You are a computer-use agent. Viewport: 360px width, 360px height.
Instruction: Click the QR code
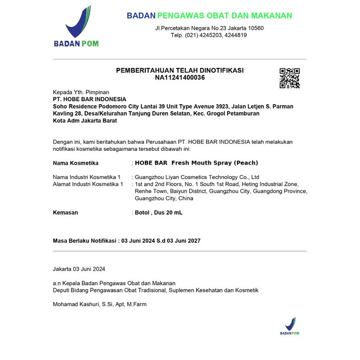pos(290,78)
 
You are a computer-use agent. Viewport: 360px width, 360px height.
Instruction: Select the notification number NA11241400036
pos(180,77)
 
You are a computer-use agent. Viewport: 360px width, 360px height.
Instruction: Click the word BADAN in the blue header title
pos(141,16)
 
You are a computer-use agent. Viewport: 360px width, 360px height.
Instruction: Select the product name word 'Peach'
pos(246,163)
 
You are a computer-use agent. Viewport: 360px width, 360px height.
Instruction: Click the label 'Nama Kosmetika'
pos(75,163)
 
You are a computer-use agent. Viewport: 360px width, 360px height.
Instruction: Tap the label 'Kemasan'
pos(65,212)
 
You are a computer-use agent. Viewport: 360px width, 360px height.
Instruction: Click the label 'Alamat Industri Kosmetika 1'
pos(88,184)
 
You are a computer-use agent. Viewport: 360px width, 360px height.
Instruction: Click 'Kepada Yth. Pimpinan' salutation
pos(81,92)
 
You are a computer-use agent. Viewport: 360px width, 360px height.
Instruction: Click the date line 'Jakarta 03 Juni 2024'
pos(79,269)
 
